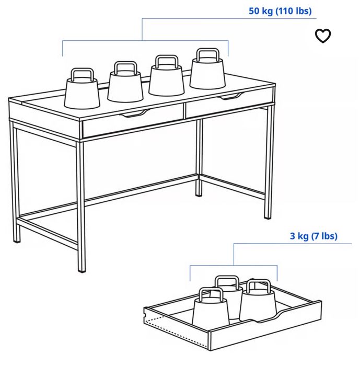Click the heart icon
323,36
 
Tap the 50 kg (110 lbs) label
280,11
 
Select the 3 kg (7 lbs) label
313,236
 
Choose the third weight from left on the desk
166,75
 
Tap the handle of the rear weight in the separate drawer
227,282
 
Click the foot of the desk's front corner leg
82,271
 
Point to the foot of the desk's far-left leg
17,242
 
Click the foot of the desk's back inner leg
199,195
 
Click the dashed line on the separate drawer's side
177,331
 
